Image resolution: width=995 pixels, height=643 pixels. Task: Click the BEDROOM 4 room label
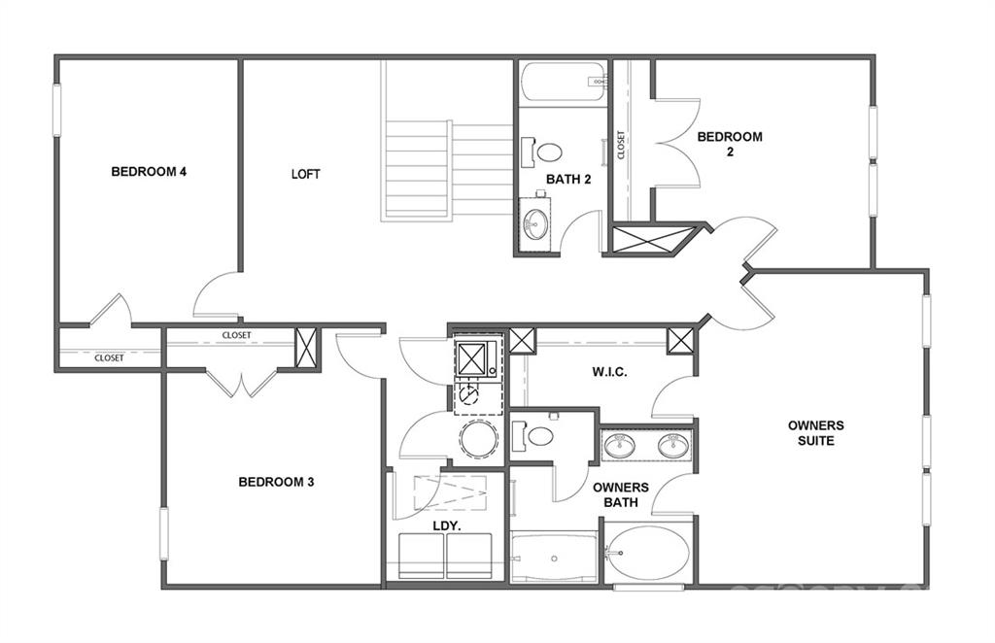149,172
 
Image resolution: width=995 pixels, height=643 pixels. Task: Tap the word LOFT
305,175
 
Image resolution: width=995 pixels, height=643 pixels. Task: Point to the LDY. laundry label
446,525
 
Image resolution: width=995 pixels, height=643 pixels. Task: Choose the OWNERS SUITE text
815,433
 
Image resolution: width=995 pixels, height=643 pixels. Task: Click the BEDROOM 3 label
276,482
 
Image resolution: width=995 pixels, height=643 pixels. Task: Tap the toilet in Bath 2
547,152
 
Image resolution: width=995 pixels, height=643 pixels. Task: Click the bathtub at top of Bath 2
563,84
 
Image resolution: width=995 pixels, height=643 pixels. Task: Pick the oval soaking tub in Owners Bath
648,553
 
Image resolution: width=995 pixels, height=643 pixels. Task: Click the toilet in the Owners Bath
537,435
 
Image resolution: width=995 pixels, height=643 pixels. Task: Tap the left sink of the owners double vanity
618,446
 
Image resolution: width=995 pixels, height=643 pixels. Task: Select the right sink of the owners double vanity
672,446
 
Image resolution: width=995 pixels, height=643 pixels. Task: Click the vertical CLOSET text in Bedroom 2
621,146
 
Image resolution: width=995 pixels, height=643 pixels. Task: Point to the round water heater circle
478,438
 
